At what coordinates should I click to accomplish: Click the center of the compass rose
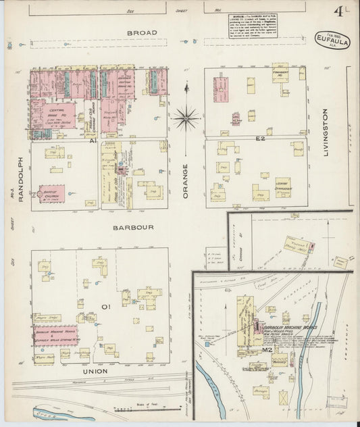[186, 118]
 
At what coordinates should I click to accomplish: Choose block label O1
[105, 307]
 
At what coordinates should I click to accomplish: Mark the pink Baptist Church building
[51, 193]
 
